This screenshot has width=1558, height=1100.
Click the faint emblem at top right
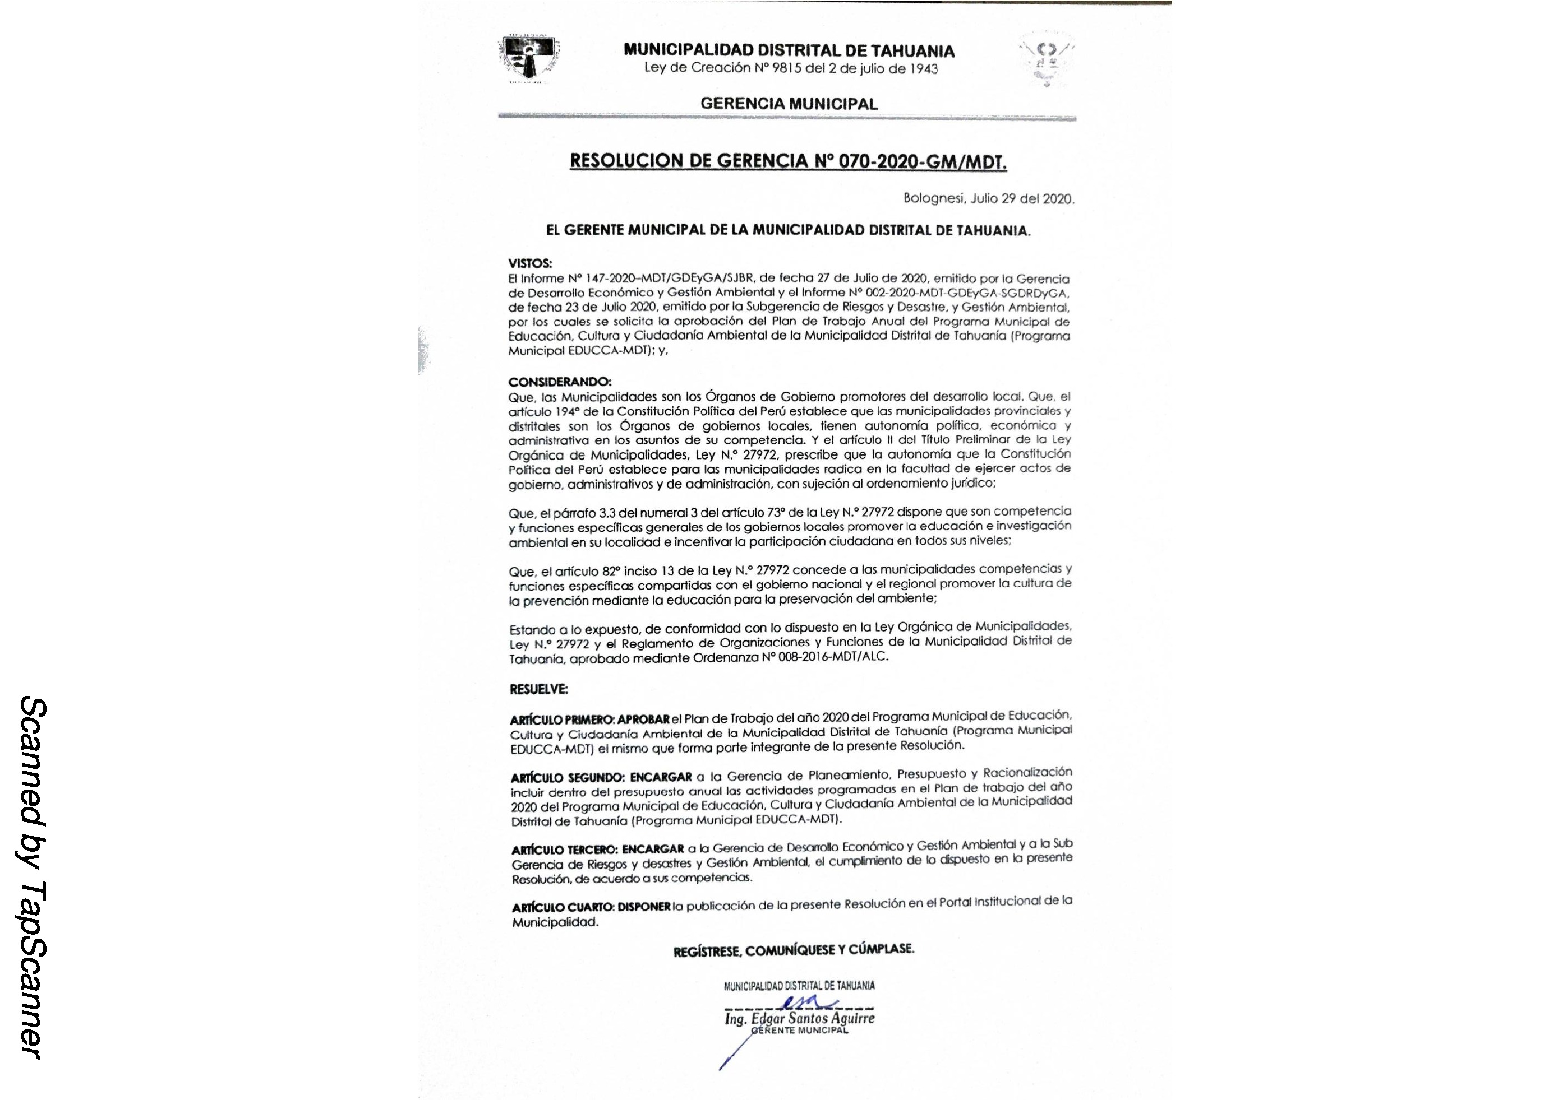1046,62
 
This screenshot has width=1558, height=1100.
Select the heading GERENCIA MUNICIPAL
789,104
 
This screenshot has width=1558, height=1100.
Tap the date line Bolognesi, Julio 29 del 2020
989,199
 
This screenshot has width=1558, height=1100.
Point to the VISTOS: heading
530,263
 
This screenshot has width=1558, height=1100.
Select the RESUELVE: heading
538,689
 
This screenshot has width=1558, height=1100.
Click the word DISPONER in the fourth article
644,907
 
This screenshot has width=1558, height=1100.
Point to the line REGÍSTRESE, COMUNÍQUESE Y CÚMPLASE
793,950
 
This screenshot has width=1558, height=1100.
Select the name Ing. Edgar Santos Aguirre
799,1019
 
